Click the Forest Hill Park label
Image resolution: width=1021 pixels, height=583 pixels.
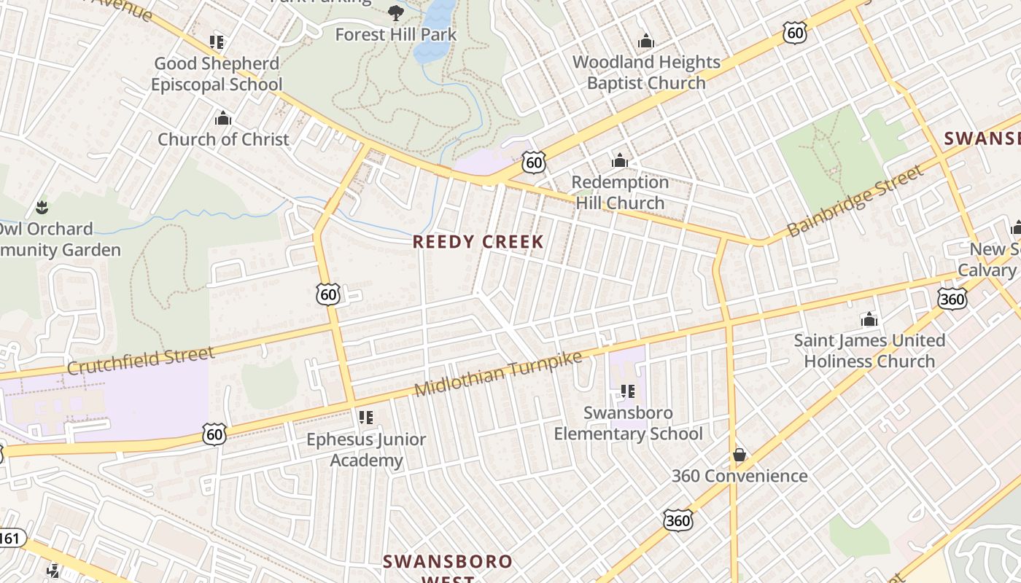395,34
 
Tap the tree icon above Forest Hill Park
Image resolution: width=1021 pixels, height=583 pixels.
395,12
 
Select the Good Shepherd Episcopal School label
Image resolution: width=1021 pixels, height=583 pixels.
217,74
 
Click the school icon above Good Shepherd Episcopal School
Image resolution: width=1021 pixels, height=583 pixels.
216,42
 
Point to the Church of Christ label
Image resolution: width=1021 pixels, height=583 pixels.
223,139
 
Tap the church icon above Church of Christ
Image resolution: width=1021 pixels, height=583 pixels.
223,118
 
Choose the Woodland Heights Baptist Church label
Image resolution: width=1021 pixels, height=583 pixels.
646,72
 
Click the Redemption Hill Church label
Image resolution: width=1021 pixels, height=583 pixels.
620,192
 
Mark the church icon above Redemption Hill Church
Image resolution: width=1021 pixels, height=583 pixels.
620,160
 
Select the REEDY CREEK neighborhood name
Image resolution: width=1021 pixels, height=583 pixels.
478,242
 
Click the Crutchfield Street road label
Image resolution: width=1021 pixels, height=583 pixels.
141,361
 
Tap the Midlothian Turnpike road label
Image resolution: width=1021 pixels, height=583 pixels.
498,374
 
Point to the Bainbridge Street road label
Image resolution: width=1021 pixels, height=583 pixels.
855,201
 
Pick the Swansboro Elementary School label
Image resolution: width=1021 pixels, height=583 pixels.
628,423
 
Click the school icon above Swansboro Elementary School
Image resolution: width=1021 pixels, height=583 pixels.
627,391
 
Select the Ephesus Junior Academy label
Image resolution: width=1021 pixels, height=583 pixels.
366,450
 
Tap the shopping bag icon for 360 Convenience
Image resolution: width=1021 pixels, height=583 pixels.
739,455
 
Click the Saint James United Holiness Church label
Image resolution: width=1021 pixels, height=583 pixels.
869,351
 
